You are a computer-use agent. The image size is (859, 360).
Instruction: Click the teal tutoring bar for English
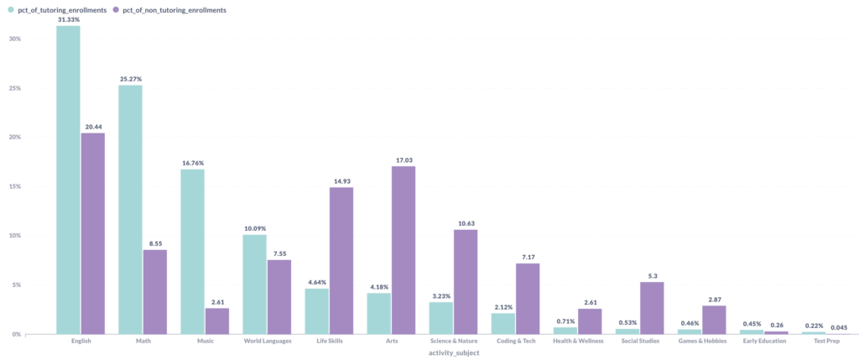pyautogui.click(x=68, y=180)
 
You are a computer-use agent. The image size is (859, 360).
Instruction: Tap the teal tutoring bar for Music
pyautogui.click(x=192, y=252)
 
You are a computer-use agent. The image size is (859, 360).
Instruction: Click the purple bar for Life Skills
pyautogui.click(x=341, y=260)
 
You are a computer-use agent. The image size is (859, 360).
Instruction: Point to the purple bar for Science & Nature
pyautogui.click(x=465, y=282)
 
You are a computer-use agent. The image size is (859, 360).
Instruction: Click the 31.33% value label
pyautogui.click(x=68, y=19)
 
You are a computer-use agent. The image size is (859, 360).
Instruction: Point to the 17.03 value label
pyautogui.click(x=403, y=159)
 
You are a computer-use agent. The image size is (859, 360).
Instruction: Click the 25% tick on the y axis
pyautogui.click(x=15, y=88)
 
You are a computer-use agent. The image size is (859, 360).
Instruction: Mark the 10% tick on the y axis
pyautogui.click(x=15, y=236)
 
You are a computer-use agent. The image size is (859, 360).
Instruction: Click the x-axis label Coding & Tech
pyautogui.click(x=516, y=341)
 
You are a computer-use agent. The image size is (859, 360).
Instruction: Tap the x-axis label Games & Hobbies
pyautogui.click(x=702, y=341)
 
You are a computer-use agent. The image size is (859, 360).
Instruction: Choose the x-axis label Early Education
pyautogui.click(x=764, y=341)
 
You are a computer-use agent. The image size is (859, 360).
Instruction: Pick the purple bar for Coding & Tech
pyautogui.click(x=527, y=299)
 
